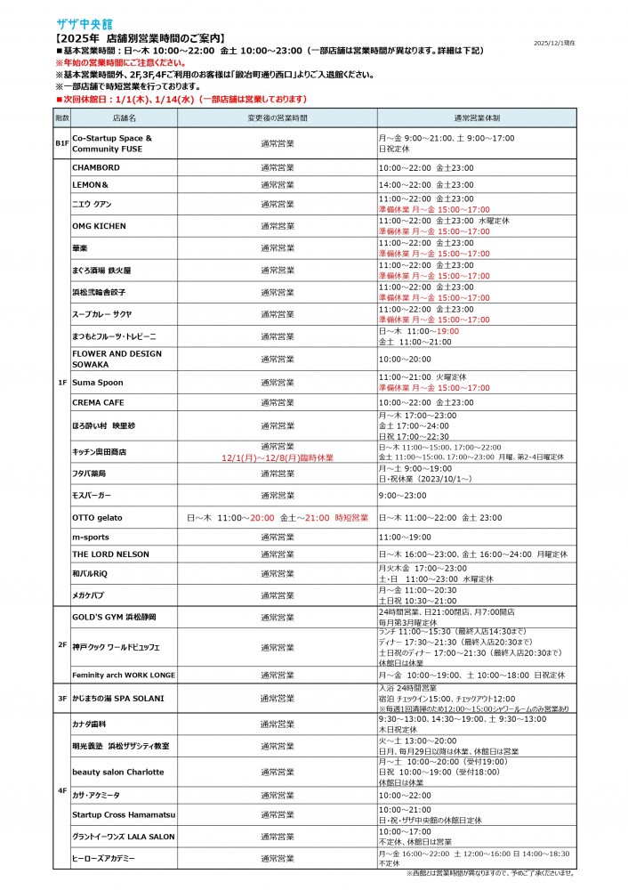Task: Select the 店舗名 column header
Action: point(124,117)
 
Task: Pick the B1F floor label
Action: point(61,143)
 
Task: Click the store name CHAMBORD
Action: point(95,167)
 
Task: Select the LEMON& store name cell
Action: point(90,185)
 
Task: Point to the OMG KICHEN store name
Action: point(98,226)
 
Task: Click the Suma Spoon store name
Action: point(98,383)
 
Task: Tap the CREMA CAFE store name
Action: point(98,403)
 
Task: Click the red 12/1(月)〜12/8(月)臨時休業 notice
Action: point(278,457)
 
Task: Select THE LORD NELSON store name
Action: point(110,554)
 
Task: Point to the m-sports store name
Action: point(90,538)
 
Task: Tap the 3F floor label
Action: point(61,700)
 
